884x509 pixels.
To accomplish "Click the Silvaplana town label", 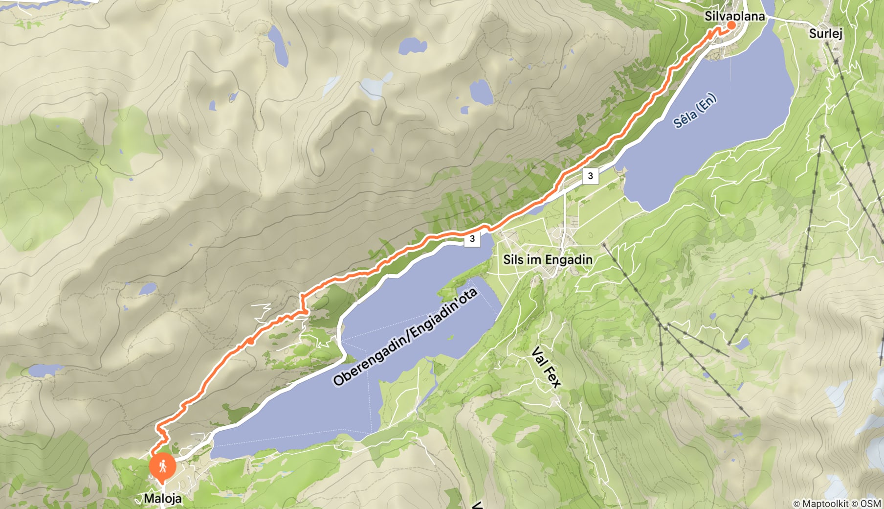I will [x=734, y=16].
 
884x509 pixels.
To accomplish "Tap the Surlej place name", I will [x=825, y=33].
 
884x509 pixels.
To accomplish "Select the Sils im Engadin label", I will [x=548, y=259].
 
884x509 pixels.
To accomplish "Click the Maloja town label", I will [x=162, y=498].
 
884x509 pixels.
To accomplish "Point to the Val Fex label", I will [x=546, y=367].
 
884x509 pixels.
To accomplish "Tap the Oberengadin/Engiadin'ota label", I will [x=405, y=337].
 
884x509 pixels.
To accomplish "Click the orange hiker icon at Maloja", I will [x=162, y=466].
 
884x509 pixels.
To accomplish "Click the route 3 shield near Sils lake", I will [x=472, y=239].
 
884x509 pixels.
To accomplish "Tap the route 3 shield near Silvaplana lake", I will [x=590, y=176].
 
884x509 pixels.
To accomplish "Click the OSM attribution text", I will [x=871, y=503].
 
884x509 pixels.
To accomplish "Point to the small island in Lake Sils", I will [x=450, y=337].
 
